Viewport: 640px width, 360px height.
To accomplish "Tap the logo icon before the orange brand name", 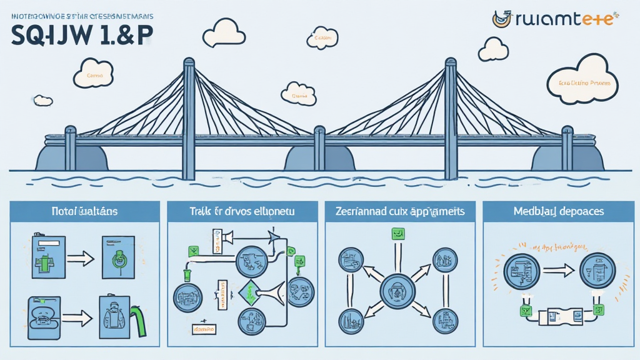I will click(x=501, y=18).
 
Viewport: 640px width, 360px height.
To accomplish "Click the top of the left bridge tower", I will click(x=189, y=62).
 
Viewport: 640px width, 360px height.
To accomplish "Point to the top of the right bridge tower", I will click(x=450, y=62).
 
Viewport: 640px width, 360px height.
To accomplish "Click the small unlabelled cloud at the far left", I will click(x=42, y=100).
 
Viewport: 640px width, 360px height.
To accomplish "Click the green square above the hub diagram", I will click(x=396, y=234).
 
